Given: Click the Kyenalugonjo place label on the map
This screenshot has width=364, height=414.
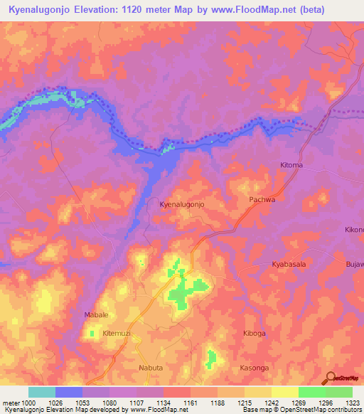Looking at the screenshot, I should click(182, 204).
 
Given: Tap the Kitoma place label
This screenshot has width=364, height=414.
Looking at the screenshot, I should click(291, 165).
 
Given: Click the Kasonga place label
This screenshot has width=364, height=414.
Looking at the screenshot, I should click(255, 368).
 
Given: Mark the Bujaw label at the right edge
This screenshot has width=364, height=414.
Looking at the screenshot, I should click(353, 265).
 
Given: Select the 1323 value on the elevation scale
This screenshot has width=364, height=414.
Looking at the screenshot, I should click(352, 403).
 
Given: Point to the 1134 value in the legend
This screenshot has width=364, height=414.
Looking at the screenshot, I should click(163, 403).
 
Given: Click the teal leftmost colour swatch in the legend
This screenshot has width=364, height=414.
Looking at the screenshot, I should click(42, 392).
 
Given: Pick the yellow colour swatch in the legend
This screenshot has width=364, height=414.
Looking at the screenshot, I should click(285, 392).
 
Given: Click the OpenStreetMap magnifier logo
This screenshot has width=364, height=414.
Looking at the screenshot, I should click(329, 378).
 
